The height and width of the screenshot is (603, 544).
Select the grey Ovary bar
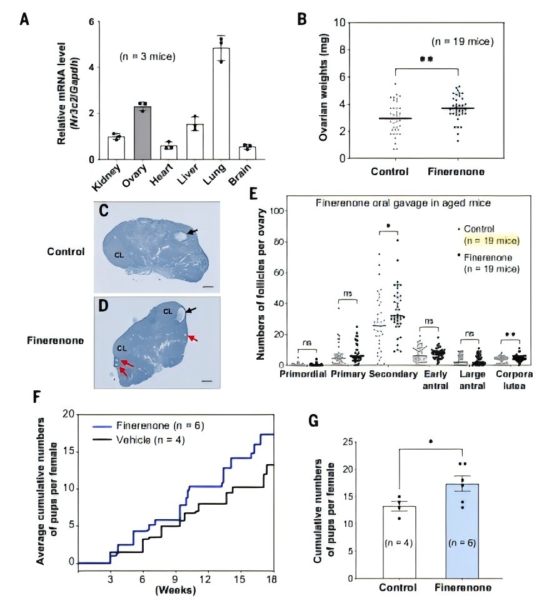143,133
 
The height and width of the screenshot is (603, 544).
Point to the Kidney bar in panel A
116,148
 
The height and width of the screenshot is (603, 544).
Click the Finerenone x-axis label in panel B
457,172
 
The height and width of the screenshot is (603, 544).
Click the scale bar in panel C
208,287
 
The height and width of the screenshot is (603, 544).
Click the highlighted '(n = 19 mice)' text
489,240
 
